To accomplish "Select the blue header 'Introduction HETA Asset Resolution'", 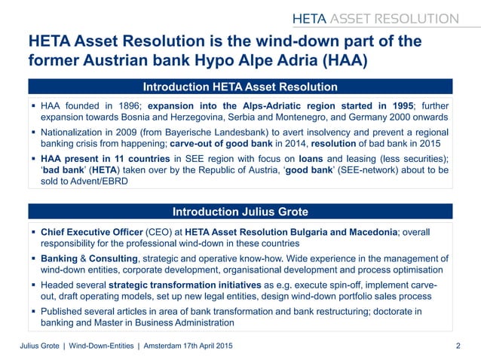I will click(x=240, y=87).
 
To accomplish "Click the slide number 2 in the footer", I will click(x=458, y=346).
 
